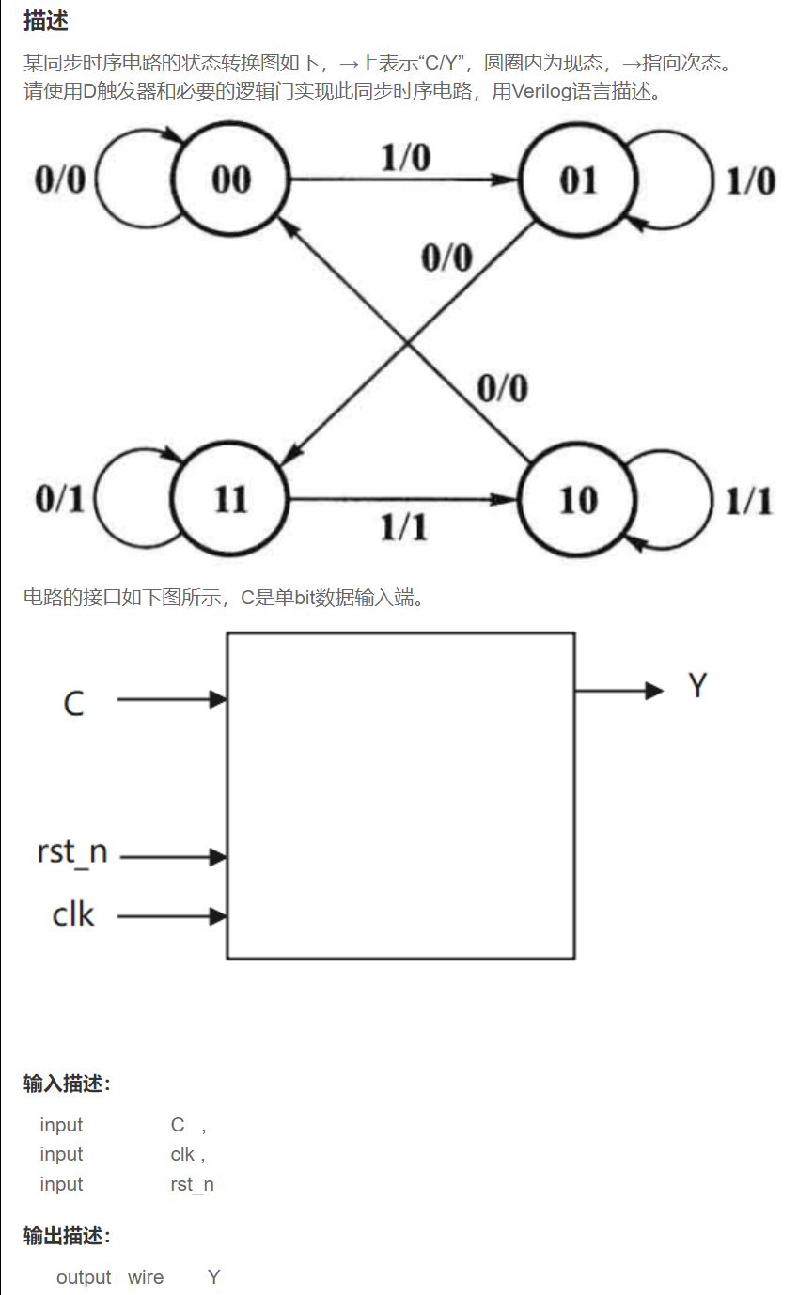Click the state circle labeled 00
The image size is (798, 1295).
click(x=230, y=179)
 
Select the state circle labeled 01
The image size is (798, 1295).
click(x=577, y=179)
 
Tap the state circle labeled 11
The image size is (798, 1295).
click(x=230, y=499)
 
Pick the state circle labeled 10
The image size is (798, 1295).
click(x=577, y=499)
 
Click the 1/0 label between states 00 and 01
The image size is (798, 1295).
click(x=405, y=158)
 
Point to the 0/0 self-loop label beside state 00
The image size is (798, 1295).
click(x=59, y=179)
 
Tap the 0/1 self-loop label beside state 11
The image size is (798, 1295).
click(x=59, y=499)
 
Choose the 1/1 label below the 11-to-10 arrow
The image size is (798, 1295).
click(x=404, y=528)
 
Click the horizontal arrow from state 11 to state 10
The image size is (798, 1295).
click(x=404, y=500)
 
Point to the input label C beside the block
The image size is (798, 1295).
click(x=73, y=703)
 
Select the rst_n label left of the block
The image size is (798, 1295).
click(x=72, y=852)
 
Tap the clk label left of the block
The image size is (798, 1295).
click(x=73, y=914)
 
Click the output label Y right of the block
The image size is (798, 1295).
click(x=696, y=686)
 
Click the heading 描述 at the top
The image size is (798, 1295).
click(x=46, y=21)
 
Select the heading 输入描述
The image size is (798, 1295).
click(x=67, y=1084)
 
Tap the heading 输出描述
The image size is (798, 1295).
click(x=67, y=1236)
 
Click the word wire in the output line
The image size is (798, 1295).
click(x=146, y=1277)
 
